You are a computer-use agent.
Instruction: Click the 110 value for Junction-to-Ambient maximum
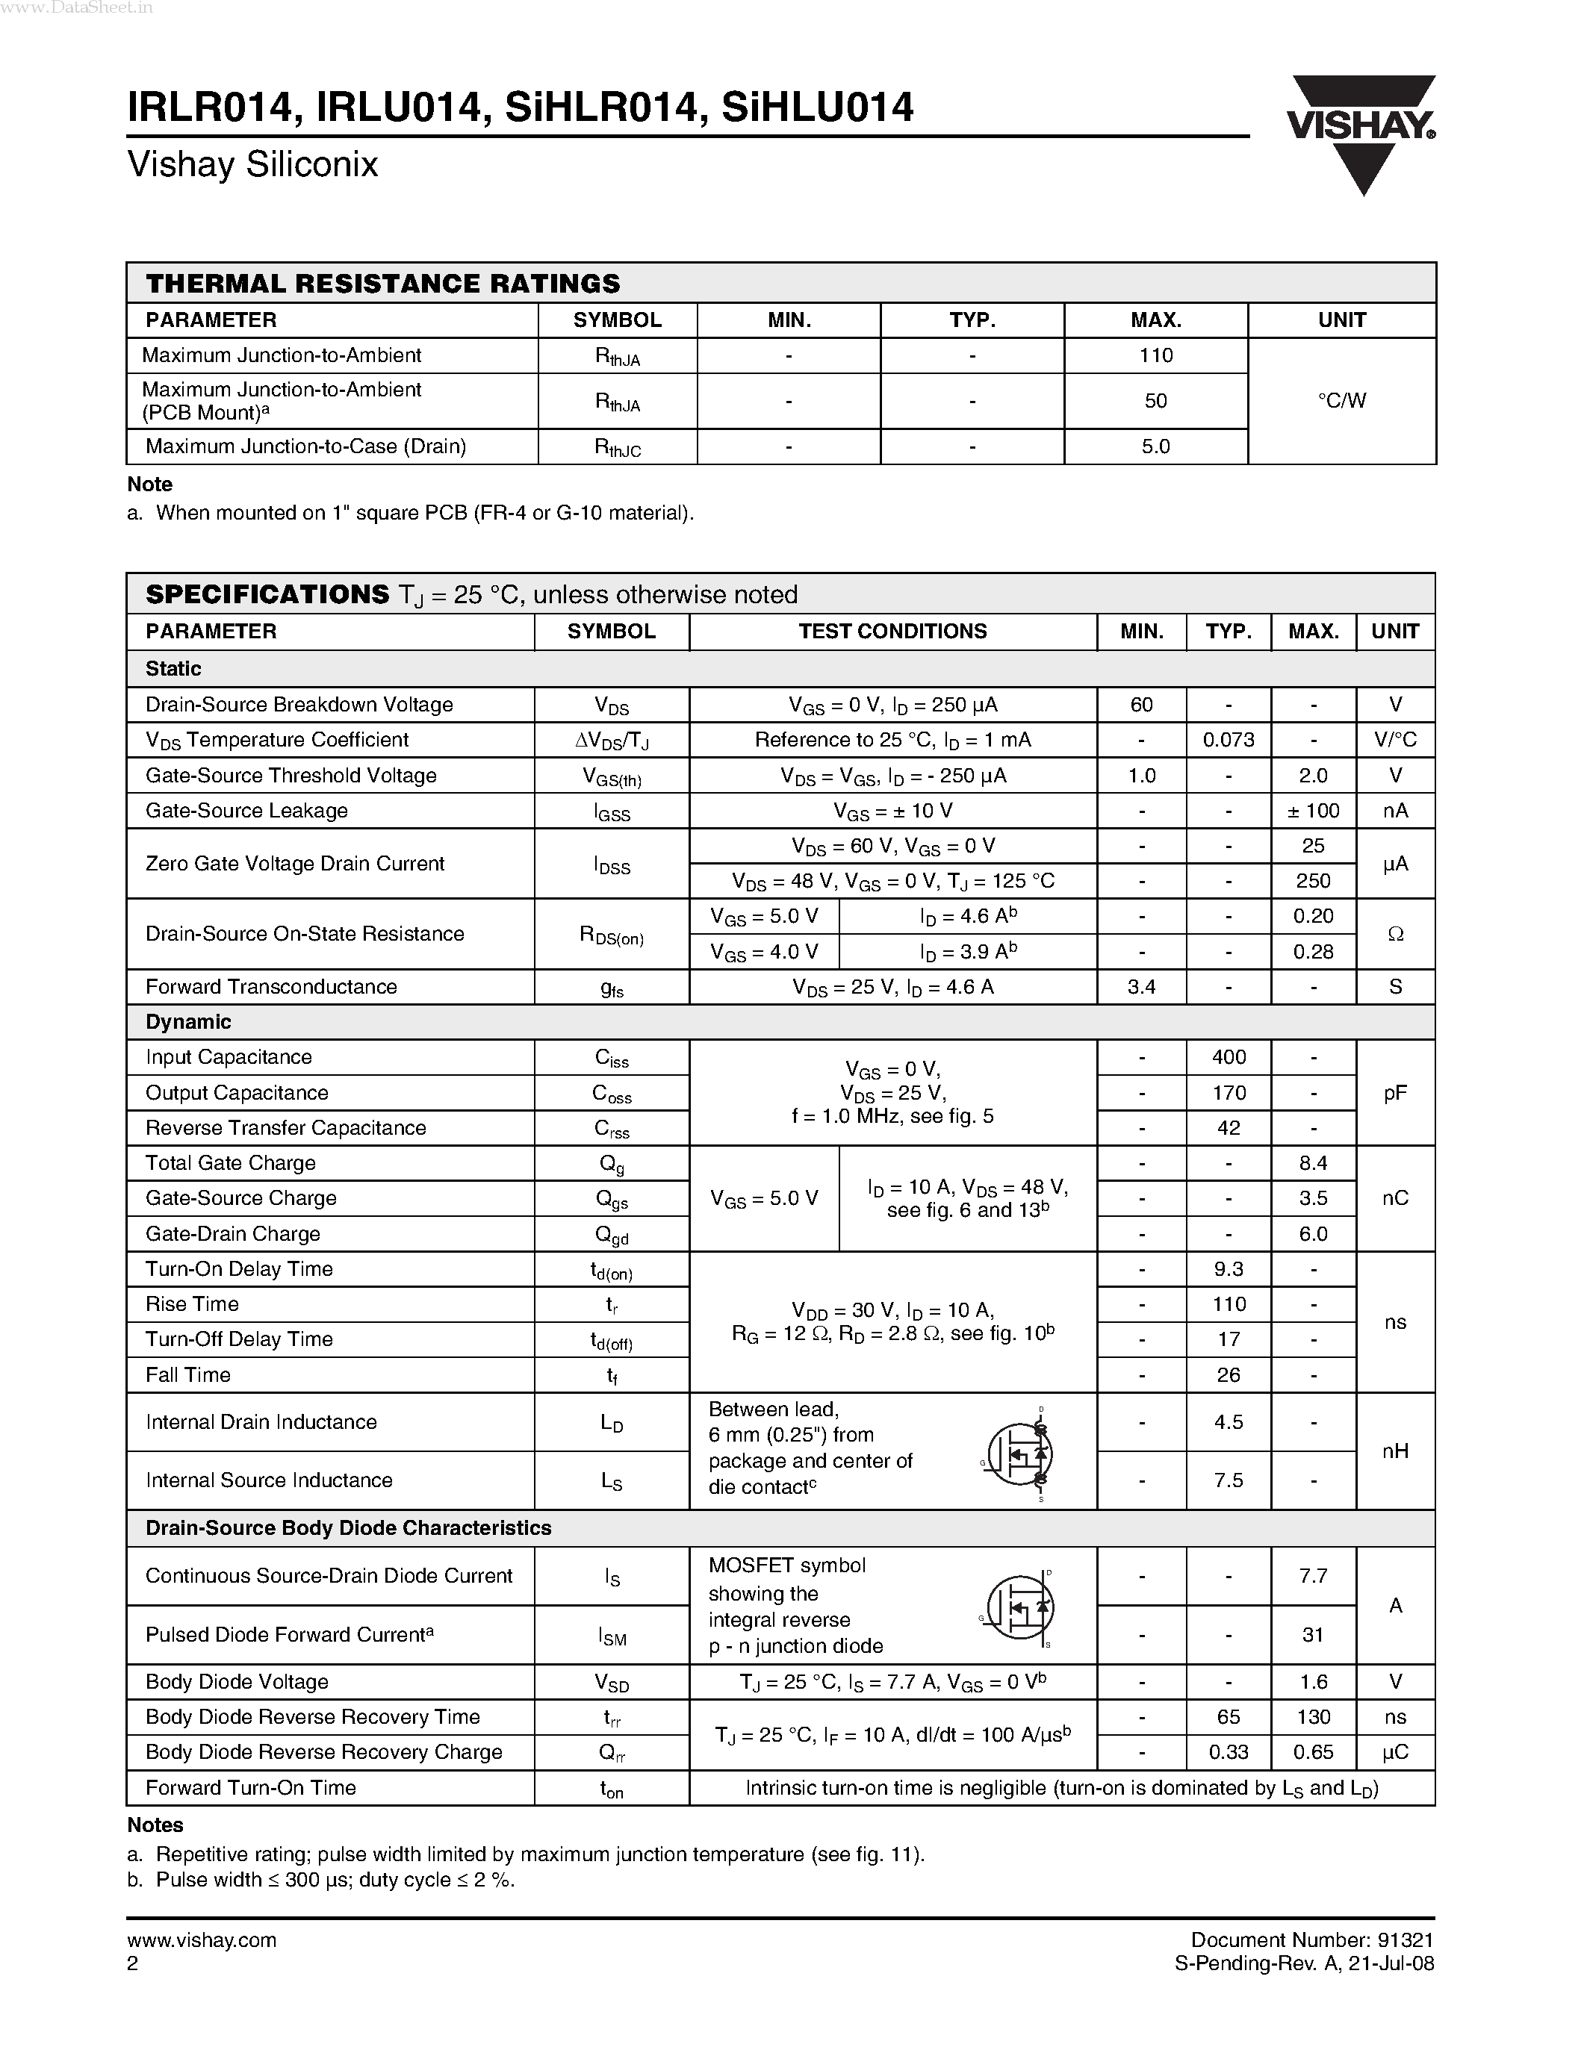click(1155, 355)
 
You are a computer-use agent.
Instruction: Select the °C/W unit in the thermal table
click(1341, 400)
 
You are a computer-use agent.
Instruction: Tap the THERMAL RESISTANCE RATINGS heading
click(382, 284)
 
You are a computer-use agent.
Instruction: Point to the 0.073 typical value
click(1228, 740)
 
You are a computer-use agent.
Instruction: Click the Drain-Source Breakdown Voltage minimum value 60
click(1141, 705)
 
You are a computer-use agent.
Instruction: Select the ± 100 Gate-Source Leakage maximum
click(1312, 810)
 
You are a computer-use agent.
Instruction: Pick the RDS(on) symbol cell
click(611, 935)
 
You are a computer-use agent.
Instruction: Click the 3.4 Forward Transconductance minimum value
click(1141, 987)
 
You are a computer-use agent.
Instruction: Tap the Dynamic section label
click(188, 1022)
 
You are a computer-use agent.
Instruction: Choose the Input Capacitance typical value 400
click(1228, 1058)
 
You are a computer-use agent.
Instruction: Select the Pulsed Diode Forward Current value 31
click(1312, 1635)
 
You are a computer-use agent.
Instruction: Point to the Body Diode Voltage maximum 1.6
click(1312, 1682)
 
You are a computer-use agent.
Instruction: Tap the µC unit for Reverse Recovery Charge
click(1394, 1752)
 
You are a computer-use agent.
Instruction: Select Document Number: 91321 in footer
click(1311, 1940)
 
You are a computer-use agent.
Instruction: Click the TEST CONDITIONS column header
click(892, 632)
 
